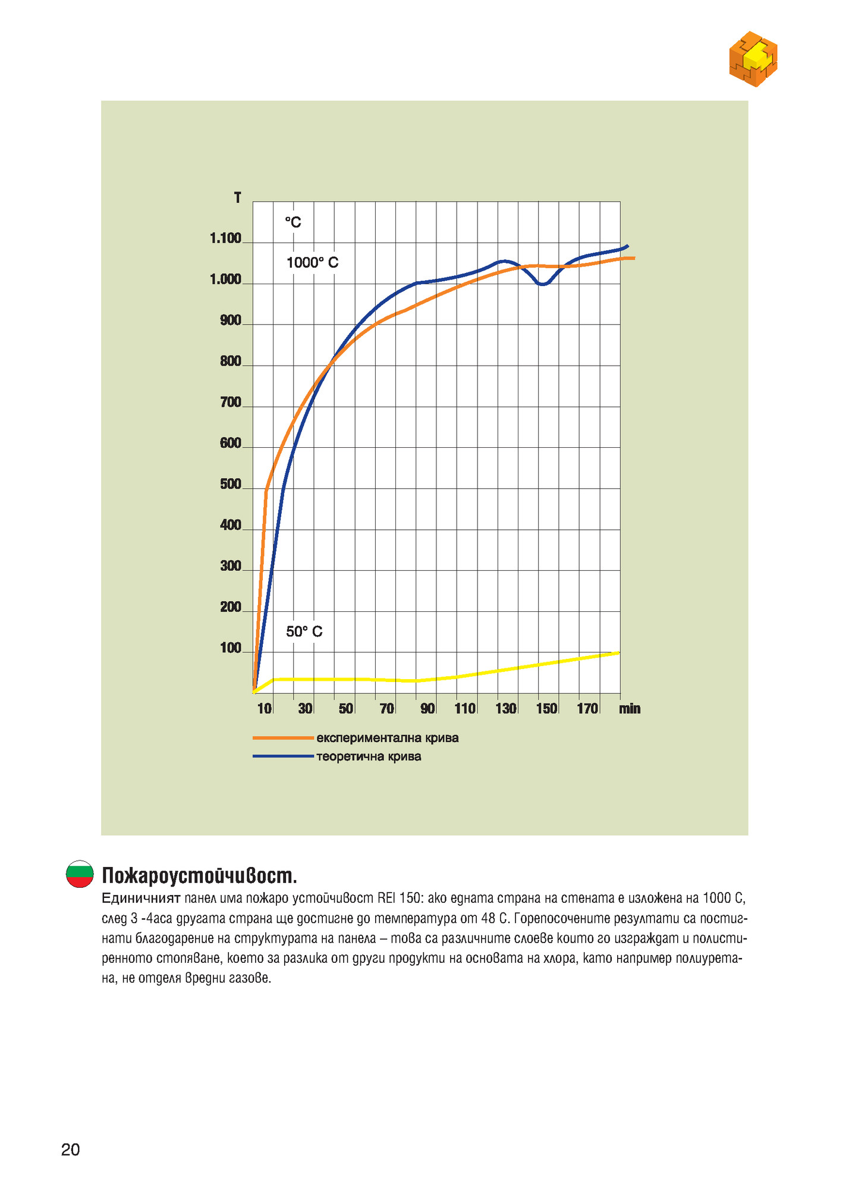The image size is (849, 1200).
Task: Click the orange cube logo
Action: (753, 59)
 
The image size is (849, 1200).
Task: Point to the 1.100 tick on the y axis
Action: (225, 239)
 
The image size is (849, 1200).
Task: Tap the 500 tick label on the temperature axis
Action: (231, 485)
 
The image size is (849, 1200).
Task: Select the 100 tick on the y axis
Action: (231, 648)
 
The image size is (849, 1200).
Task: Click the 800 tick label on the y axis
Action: (231, 362)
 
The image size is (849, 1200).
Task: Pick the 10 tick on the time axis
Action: (265, 708)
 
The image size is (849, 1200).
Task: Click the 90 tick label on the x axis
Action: (427, 708)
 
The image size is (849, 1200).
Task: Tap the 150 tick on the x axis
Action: (547, 708)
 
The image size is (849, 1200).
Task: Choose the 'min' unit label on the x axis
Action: (630, 708)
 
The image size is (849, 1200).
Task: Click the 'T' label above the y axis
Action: (238, 198)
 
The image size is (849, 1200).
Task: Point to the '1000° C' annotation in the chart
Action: (312, 263)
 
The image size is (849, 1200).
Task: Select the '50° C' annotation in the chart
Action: (304, 632)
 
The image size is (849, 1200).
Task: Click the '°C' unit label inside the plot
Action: (293, 222)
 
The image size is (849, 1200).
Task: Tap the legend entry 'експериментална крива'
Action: (387, 738)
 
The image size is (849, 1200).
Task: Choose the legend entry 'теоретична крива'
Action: (369, 757)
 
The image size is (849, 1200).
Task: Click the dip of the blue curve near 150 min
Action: (542, 284)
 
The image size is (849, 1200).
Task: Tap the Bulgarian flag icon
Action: (80, 874)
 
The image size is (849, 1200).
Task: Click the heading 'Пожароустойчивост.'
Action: (199, 876)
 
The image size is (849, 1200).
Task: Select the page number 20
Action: (70, 1150)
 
